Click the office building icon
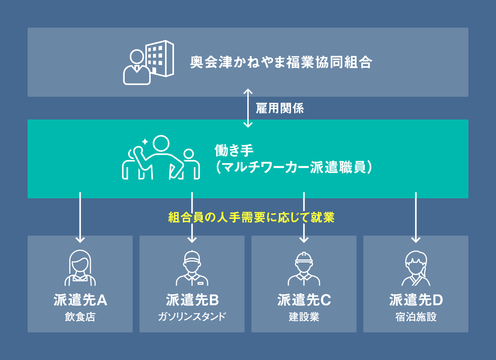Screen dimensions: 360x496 point(149,62)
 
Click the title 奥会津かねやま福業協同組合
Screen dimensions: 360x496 point(281,62)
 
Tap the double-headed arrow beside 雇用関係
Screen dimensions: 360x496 point(248,108)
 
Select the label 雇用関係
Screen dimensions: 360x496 point(280,108)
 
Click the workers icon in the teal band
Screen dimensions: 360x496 point(161,158)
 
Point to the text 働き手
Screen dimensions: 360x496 point(234,150)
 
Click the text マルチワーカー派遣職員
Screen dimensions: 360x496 point(294,167)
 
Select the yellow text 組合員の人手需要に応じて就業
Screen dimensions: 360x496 point(251,217)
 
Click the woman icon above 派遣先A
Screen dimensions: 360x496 point(80,268)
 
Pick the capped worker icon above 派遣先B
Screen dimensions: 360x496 point(192,268)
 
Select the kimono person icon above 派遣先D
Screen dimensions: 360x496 point(416,268)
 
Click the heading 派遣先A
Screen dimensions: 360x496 point(80,300)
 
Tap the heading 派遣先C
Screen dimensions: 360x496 point(304,300)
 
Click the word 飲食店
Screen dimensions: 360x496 point(80,316)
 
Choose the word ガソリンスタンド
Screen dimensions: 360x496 point(192,316)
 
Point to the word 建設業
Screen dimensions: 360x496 point(304,316)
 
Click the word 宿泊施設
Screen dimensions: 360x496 point(416,316)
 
